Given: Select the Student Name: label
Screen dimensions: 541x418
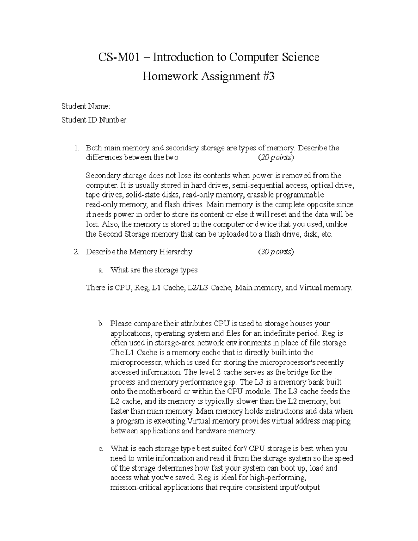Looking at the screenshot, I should (86, 106).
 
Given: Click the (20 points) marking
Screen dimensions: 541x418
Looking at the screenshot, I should (276, 157).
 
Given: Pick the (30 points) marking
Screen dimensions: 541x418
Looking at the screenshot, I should (276, 252).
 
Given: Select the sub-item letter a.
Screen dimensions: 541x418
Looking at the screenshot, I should (101, 270).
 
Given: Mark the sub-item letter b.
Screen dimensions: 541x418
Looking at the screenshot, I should (101, 324).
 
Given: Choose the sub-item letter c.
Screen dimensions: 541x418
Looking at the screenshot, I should (101, 448).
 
